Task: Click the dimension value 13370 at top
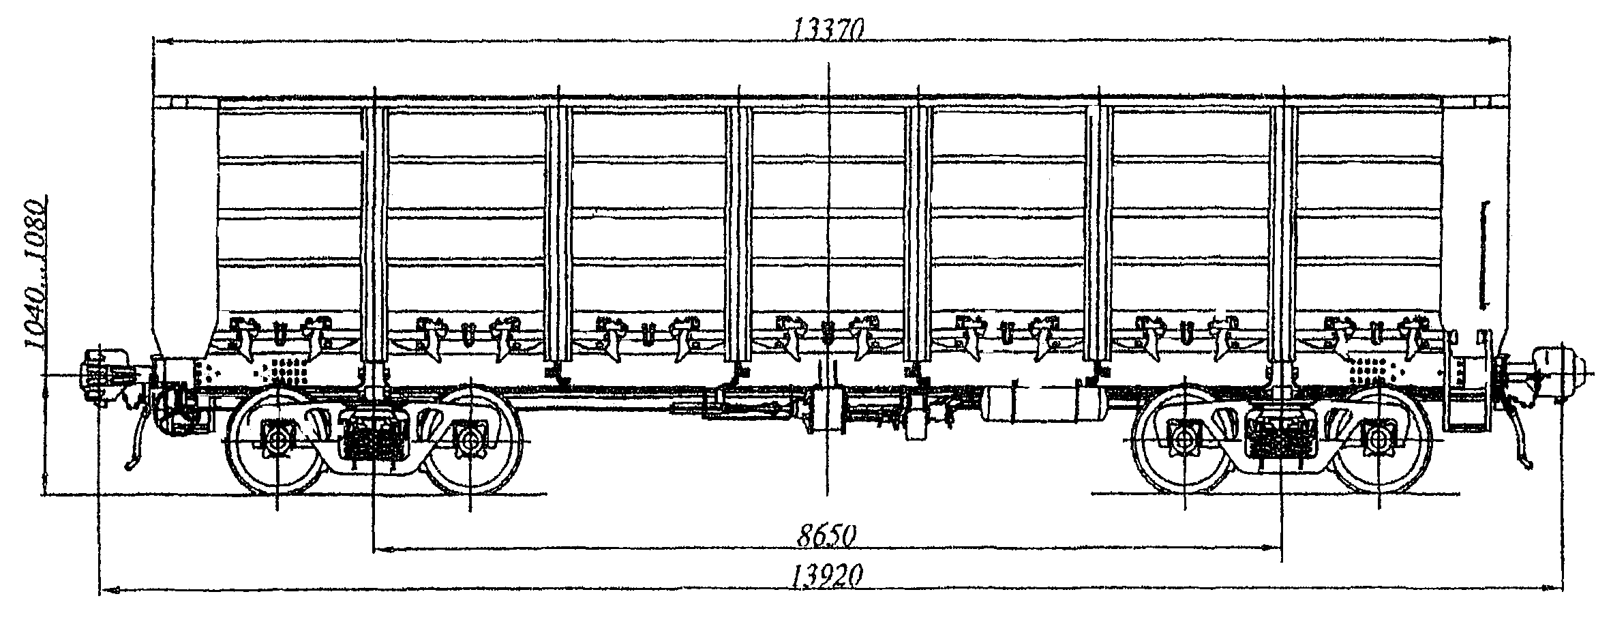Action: [828, 29]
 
